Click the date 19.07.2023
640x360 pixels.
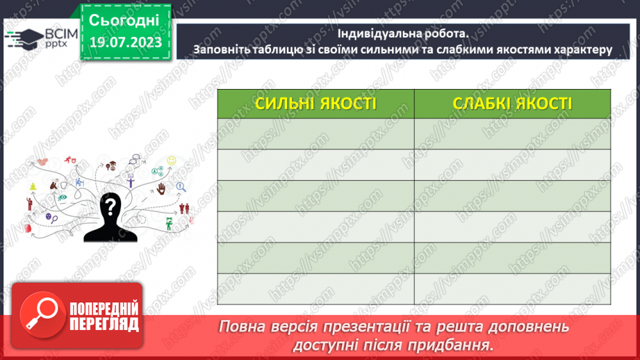(125, 42)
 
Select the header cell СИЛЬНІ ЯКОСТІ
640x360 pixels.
(315, 104)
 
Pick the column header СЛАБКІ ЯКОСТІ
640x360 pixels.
(512, 104)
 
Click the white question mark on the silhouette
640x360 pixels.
(110, 206)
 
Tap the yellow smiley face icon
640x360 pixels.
(172, 161)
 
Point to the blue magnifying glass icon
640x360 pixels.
(181, 186)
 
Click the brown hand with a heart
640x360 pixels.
(161, 188)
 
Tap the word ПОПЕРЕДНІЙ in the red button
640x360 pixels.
(104, 309)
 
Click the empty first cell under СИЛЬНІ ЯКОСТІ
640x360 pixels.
(315, 133)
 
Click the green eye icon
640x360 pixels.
(63, 197)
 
